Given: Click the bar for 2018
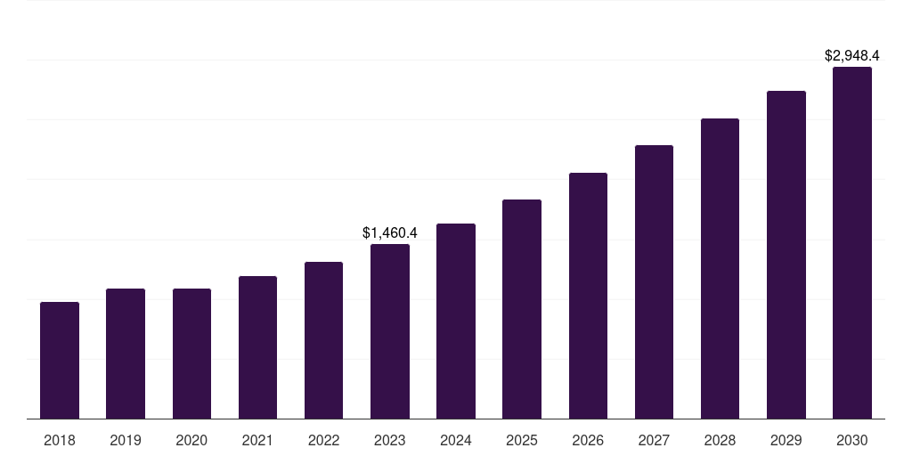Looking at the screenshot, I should pos(60,361).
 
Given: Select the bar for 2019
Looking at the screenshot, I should pos(126,354).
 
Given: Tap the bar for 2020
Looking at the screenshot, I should pos(191,354).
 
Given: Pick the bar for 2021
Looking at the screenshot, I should pos(257,347).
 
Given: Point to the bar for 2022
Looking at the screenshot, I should pos(323,340).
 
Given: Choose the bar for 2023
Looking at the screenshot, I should pos(390,331).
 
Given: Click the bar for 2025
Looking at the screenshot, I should pos(522,309).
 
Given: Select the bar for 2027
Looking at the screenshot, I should pos(654,282).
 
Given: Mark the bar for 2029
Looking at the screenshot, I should pos(786,255).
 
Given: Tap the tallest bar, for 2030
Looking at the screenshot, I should pos(852,243).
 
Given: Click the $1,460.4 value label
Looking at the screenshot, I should pos(390,232).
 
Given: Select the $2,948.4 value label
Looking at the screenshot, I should pos(852,55).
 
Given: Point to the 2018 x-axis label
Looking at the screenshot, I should pos(60,440).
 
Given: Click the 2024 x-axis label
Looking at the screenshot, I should pos(456,440).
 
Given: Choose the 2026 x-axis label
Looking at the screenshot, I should pos(588,440).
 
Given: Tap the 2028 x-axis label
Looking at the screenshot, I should pos(720,440).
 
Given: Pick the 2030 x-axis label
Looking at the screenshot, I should pos(852,440).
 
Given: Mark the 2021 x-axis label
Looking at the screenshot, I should pos(257,440).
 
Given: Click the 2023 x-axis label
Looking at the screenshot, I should pos(390,440).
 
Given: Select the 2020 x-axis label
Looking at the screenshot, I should pos(191,440).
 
